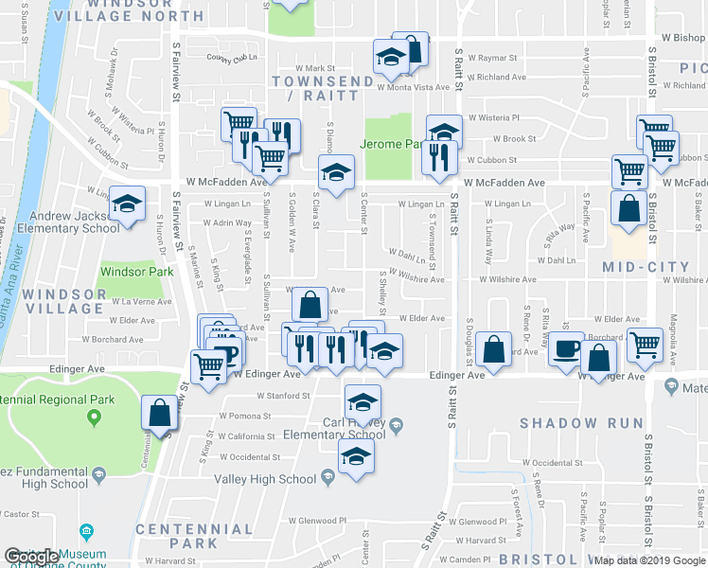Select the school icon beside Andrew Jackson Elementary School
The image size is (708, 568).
pos(127,204)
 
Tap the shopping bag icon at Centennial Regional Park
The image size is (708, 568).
pos(159,413)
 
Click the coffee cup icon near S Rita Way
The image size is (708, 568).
pos(567,347)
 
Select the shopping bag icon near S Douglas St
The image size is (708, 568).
pos(493,348)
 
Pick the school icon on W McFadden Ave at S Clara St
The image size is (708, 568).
pos(335,172)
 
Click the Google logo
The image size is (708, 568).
pos(31,557)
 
